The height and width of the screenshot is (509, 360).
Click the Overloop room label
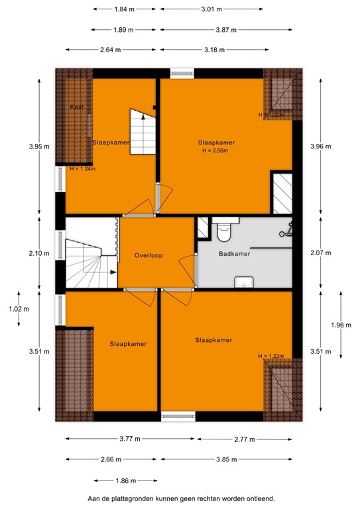tap(149, 255)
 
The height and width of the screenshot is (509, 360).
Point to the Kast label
tap(77, 107)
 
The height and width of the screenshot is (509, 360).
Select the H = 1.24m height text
tap(83, 168)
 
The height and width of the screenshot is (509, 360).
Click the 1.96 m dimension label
tap(339, 325)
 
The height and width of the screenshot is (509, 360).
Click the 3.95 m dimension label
tap(38, 147)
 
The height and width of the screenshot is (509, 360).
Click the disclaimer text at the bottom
tap(180, 498)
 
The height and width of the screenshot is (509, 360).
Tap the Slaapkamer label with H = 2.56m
tap(216, 142)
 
